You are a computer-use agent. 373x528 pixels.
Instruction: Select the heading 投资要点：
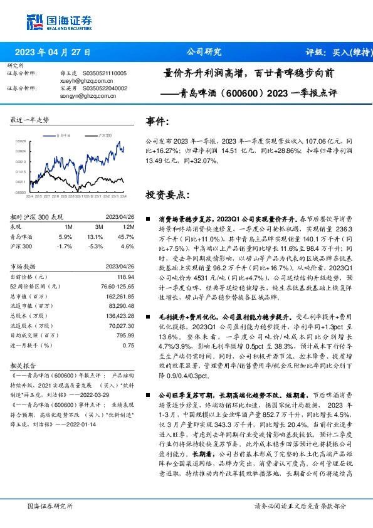coord(167,194)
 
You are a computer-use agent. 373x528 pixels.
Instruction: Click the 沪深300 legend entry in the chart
coord(104,135)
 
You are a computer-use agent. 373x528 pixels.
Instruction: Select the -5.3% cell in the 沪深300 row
coord(95,246)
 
